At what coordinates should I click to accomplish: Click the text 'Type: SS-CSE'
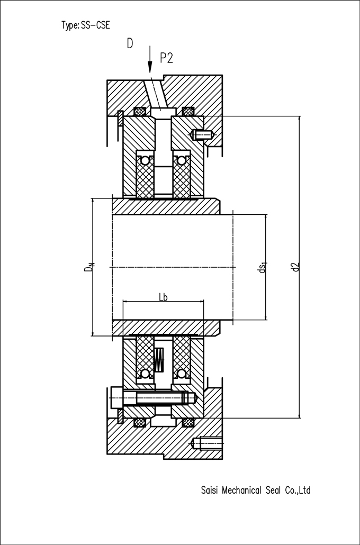tap(86, 25)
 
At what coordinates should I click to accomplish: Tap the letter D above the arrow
tap(130, 43)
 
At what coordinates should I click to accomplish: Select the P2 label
tap(166, 58)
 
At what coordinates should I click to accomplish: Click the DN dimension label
tap(89, 267)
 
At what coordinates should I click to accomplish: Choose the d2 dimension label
tap(295, 267)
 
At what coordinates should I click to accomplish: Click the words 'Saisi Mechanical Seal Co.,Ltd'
tap(256, 490)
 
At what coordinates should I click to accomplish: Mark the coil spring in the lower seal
tap(159, 359)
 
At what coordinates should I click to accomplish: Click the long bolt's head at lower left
tap(117, 397)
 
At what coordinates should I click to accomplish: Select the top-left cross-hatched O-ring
tap(140, 112)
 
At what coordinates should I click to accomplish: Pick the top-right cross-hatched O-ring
tap(188, 112)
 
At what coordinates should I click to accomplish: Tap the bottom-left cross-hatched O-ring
tap(140, 423)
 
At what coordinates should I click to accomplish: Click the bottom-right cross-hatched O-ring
tap(188, 423)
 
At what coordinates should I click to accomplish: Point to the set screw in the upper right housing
tap(202, 134)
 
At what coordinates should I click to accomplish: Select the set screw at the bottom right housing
tap(208, 443)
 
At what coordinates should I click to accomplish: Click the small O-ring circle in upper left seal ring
tap(145, 160)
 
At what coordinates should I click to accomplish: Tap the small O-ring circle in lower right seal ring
tap(181, 374)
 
